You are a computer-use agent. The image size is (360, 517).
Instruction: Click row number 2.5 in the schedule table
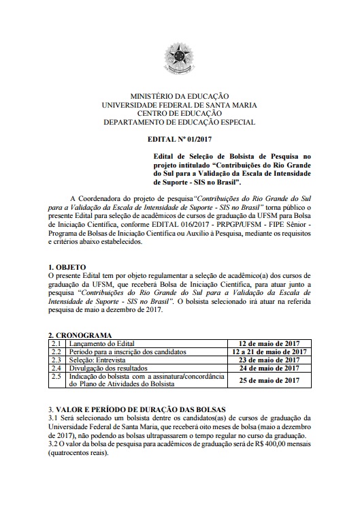coord(56,377)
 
